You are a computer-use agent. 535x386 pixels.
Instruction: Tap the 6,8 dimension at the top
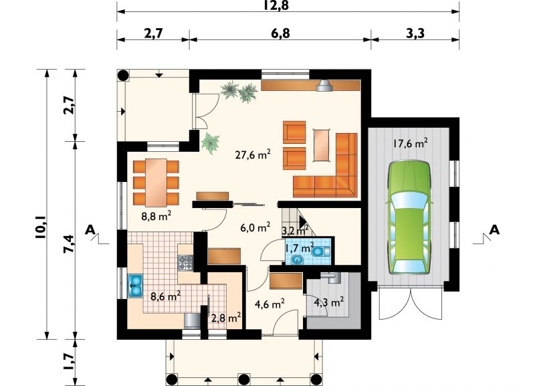[x=281, y=33]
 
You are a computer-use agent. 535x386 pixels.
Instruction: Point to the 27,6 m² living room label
[x=253, y=155]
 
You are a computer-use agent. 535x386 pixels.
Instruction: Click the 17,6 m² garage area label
[x=410, y=143]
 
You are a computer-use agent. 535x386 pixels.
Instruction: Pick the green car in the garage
[x=409, y=217]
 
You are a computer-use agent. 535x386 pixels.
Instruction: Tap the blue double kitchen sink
[x=136, y=286]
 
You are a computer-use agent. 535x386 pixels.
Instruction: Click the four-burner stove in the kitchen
[x=186, y=263]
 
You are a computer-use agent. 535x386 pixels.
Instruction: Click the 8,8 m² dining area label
[x=156, y=215]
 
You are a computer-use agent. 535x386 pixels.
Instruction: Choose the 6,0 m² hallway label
[x=255, y=227]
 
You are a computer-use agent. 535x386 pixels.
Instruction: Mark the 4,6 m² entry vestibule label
[x=270, y=304]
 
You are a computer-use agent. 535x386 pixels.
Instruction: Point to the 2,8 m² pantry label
[x=227, y=318]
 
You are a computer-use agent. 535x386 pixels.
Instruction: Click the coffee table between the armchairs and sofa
[x=322, y=144]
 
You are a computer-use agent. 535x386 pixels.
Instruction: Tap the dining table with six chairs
[x=156, y=183]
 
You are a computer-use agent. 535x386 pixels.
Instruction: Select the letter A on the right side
[x=494, y=230]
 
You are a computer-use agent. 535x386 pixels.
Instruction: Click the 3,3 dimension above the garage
[x=415, y=33]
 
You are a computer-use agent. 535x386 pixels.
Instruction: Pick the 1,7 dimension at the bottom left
[x=69, y=361]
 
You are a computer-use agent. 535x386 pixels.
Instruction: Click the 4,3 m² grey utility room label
[x=328, y=302]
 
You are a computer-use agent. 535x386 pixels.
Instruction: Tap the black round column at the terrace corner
[x=123, y=75]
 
